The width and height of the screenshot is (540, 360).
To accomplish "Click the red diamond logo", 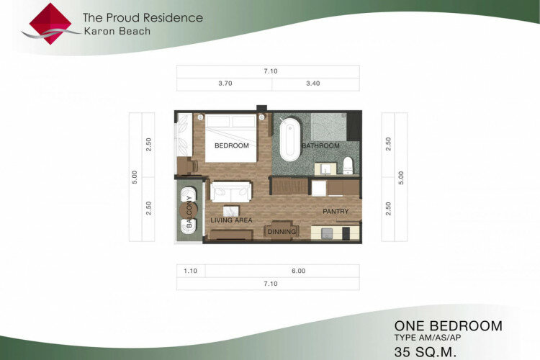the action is [50, 24].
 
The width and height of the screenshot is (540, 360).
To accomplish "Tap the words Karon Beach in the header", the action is [117, 32].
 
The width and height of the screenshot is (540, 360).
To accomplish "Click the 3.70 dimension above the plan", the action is [225, 84].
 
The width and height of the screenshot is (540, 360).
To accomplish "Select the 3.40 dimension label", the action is [313, 84].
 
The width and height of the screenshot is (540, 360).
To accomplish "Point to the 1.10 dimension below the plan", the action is [191, 271].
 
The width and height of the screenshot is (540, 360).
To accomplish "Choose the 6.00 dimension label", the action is [299, 271].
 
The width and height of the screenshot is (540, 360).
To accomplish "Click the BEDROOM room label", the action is [231, 145].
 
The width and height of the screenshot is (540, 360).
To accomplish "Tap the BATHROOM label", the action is [320, 145].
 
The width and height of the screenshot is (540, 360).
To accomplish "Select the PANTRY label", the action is [336, 211].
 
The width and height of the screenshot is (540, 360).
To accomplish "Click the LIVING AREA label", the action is [231, 220].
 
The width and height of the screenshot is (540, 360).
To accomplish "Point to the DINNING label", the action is [282, 232].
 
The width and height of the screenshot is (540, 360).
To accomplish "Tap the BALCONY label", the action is [189, 212].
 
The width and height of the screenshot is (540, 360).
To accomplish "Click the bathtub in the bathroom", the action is [290, 140].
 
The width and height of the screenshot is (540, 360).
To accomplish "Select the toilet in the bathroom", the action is [348, 166].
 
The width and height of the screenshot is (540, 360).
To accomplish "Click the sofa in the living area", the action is [230, 192].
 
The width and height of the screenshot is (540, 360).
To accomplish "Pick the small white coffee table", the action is [231, 211].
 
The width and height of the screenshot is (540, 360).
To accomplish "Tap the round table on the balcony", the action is [189, 210].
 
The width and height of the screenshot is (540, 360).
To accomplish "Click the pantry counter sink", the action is [327, 233].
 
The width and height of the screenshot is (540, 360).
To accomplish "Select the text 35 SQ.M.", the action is [426, 352].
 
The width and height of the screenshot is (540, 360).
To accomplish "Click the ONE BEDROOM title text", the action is [448, 326].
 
